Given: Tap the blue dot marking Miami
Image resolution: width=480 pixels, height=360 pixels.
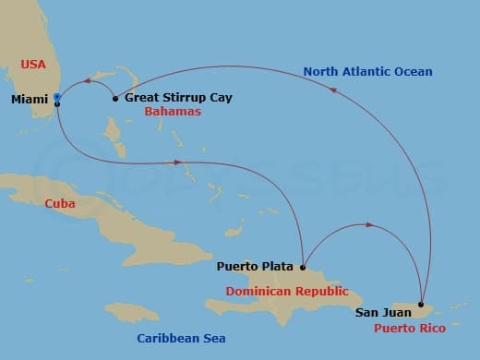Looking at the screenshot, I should (57, 96).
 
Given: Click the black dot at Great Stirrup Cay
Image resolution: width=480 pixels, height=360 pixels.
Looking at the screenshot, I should (114, 98).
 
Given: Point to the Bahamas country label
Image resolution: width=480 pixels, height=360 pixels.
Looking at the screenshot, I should (173, 112).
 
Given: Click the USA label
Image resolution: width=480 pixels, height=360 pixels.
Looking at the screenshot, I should (34, 64).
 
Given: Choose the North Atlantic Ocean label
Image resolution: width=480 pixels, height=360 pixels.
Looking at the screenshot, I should (368, 71).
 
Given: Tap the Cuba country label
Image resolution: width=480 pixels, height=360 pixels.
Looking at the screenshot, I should (59, 204).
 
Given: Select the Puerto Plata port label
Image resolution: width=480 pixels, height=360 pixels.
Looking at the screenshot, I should (255, 267).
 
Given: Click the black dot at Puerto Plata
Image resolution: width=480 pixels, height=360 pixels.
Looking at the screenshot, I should (302, 268).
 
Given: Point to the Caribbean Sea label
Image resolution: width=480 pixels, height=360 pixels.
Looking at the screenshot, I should (181, 339).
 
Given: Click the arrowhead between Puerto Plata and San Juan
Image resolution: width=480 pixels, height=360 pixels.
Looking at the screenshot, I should (369, 225).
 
